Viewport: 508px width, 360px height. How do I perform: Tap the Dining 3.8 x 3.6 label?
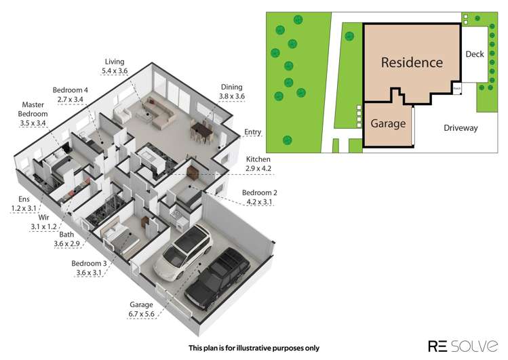pos(232,92)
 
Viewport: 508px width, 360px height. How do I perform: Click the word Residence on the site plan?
pos(411,63)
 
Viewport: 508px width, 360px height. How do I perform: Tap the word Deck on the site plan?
pos(475,54)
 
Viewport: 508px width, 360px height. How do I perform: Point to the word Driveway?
pos(461,127)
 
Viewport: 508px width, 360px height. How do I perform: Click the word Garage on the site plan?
pos(388,124)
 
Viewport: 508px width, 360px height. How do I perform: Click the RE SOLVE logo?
pos(463,346)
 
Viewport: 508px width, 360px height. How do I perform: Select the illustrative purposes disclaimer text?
pos(253,348)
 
